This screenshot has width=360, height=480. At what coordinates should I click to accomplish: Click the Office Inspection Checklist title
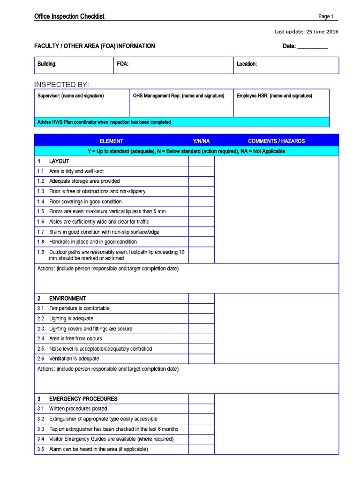pos(69,16)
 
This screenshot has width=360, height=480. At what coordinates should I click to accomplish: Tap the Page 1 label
pos(326,16)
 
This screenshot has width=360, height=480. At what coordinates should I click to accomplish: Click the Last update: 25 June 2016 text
pos(306,32)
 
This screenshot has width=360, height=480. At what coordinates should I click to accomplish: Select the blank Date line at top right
pos(312,46)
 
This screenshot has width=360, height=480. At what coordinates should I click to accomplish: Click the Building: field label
pos(47,64)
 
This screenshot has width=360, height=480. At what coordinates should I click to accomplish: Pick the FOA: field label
pos(122,64)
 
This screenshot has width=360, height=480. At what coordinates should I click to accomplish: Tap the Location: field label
pos(247,64)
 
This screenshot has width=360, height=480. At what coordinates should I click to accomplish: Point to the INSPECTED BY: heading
pos(61,84)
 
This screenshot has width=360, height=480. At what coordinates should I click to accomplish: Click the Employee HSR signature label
pos(274,96)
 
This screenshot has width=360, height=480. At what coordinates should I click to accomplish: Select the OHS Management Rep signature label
pos(179,96)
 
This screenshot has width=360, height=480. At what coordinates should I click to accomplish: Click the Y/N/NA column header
pos(201,141)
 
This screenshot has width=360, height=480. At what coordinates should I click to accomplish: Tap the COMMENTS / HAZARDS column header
pos(276,141)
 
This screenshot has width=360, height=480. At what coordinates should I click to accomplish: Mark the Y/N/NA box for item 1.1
pos(201,172)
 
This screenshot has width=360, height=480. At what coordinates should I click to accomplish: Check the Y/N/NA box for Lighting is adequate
pos(201,319)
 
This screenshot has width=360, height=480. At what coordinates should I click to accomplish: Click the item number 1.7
pos(40,232)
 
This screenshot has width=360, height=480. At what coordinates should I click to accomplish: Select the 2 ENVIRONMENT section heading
pos(61,299)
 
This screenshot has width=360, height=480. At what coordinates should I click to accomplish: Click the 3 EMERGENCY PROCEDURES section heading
pos(77,399)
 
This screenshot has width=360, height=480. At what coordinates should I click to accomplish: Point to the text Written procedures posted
pos(78,409)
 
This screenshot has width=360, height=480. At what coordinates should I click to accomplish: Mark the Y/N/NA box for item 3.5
pos(201,449)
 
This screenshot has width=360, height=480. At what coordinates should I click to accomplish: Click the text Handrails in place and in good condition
pos(93,242)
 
